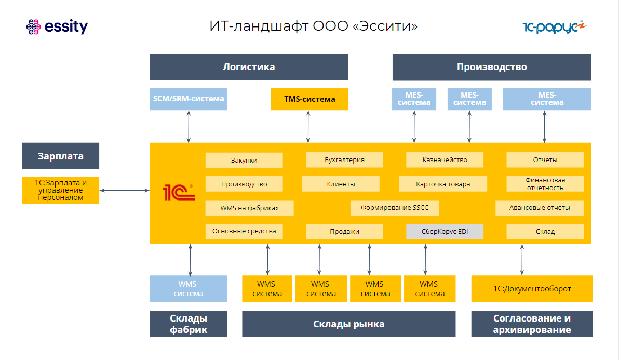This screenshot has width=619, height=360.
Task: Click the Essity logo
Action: [x=57, y=26]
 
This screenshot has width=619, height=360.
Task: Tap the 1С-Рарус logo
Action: [x=554, y=26]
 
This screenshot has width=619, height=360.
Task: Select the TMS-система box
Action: [x=309, y=99]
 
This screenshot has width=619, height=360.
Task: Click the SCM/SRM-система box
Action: [x=189, y=99]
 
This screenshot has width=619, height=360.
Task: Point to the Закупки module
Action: [x=244, y=160]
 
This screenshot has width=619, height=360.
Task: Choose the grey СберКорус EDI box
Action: [x=445, y=232]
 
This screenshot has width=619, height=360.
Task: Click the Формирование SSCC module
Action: [x=394, y=208]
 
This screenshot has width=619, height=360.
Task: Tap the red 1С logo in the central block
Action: [x=179, y=192]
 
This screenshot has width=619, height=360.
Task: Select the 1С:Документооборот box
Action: [x=532, y=288]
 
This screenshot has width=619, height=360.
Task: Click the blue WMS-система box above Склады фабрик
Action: [x=189, y=288]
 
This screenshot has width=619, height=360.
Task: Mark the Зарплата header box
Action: [x=60, y=156]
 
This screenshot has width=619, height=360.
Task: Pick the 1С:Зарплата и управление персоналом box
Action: [x=60, y=191]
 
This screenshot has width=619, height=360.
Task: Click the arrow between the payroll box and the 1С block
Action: [x=124, y=191]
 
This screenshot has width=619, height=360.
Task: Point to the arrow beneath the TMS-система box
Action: [x=308, y=126]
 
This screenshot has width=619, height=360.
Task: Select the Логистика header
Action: [x=249, y=67]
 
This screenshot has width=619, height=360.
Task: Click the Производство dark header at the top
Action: [x=492, y=67]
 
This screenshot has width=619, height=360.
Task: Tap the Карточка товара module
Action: [x=443, y=184]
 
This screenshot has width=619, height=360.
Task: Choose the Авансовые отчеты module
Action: [x=540, y=208]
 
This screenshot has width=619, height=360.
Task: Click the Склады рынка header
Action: [x=348, y=324]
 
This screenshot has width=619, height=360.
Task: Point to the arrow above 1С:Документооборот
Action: [x=522, y=259]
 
